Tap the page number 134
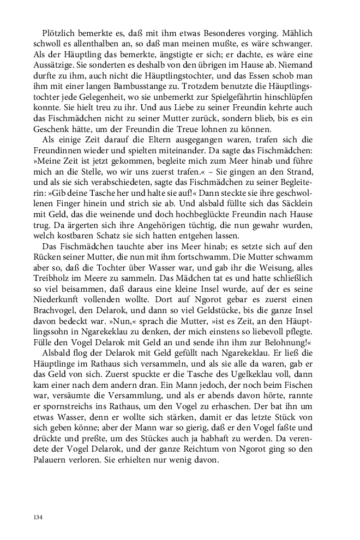pos(38,517)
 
